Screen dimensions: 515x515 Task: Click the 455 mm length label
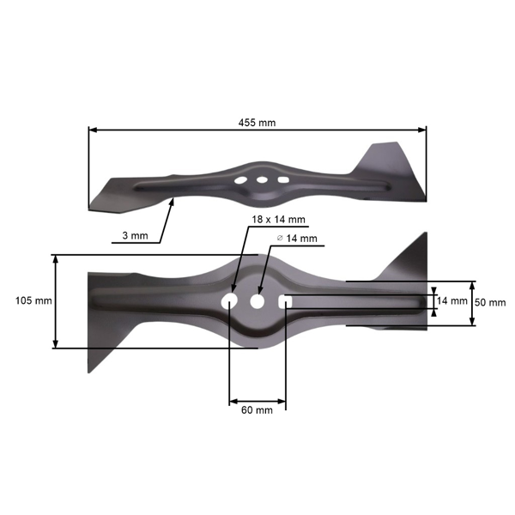257,123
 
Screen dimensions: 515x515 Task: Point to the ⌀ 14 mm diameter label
296,238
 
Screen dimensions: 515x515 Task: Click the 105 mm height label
33,301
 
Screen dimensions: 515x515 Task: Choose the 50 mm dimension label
490,303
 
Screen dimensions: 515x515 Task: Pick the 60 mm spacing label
257,410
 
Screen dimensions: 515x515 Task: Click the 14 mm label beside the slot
452,301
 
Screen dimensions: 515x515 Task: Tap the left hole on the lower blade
230,302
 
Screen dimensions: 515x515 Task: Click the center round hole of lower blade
257,302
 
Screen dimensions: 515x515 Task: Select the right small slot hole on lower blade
285,302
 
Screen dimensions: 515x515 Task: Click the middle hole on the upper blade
260,179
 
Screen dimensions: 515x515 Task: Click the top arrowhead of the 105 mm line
56,258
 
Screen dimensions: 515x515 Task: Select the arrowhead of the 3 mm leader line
174,201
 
